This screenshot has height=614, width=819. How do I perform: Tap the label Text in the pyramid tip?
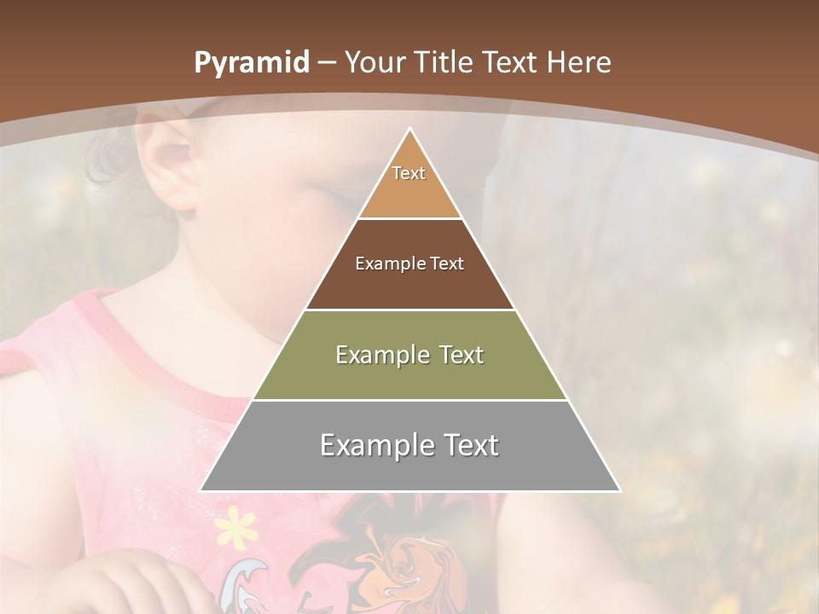tap(409, 173)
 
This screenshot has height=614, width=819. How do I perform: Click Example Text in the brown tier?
tap(409, 264)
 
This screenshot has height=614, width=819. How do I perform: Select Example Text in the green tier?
tap(409, 355)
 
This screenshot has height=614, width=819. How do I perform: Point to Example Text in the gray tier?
tap(409, 445)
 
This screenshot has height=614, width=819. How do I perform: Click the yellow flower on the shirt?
tap(236, 529)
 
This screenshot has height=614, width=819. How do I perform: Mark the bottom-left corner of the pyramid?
tap(200, 490)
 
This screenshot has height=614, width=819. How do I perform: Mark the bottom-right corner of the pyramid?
tap(620, 490)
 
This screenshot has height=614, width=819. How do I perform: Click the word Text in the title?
tap(508, 63)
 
